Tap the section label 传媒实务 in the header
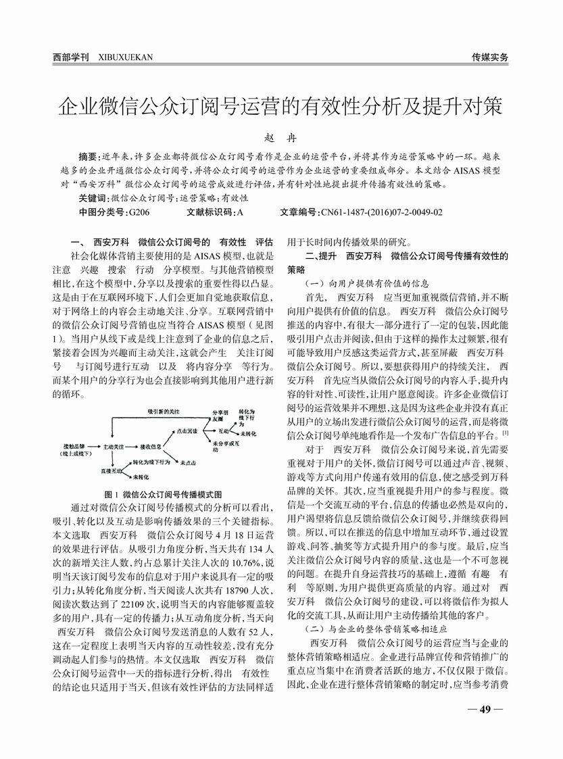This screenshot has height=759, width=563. click(x=490, y=57)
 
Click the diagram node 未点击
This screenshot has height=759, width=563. click(x=188, y=461)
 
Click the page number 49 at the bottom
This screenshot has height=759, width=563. click(x=484, y=709)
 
